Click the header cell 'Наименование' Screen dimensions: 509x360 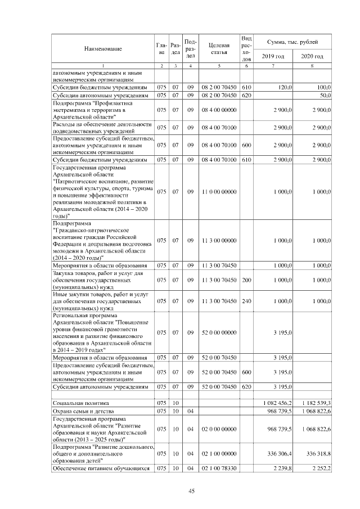(x=103, y=49)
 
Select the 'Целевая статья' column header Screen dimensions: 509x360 (x=218, y=49)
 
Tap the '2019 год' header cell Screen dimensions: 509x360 (x=273, y=56)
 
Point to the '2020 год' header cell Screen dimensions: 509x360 (x=312, y=56)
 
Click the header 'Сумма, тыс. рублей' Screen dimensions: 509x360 (x=292, y=42)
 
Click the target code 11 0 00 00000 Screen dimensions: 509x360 (x=218, y=192)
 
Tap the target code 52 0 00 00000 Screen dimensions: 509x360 (x=218, y=333)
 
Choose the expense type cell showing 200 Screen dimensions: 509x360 (x=246, y=280)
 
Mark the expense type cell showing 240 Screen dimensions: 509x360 (x=246, y=301)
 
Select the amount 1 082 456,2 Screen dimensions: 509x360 (x=277, y=403)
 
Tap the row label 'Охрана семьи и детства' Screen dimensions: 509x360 (x=82, y=411)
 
